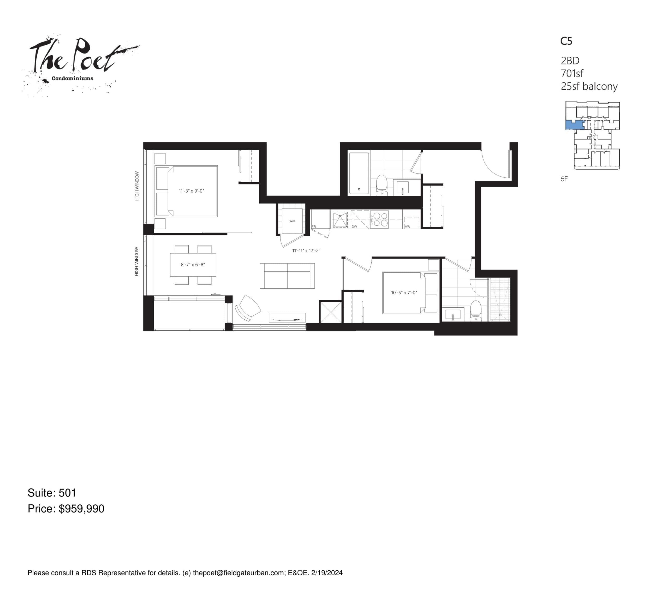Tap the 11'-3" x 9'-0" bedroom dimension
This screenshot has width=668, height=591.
(x=191, y=191)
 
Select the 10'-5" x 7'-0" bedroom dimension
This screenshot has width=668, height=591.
(x=404, y=292)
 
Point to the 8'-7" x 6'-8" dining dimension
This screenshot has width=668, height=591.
(x=193, y=264)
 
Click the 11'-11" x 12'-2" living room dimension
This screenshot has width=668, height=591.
(x=306, y=251)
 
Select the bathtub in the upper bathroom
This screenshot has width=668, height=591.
(x=359, y=173)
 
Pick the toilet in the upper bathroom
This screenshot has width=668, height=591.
(x=381, y=185)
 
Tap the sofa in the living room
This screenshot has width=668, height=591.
(x=287, y=276)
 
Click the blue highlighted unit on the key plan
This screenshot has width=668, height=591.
(x=574, y=124)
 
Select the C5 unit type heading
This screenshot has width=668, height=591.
(x=566, y=41)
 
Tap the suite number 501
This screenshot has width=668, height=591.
(x=67, y=493)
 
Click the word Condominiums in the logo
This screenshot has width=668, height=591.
(x=73, y=79)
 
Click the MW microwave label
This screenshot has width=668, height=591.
(x=407, y=226)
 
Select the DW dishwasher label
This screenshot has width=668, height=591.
(x=354, y=226)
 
